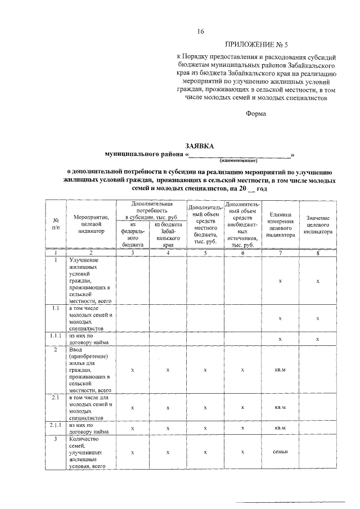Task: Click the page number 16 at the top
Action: point(200,31)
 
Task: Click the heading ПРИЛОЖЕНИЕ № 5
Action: point(255,44)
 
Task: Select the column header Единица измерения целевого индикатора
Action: point(280,224)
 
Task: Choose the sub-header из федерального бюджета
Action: point(133,234)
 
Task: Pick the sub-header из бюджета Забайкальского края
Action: point(168,234)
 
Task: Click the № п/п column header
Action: point(56,224)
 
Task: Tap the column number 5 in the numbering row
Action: point(205,253)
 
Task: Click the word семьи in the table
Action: point(280,452)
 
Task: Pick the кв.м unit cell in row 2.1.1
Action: point(280,428)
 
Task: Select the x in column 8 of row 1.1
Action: point(318,318)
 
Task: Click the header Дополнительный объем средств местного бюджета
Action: point(205,224)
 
